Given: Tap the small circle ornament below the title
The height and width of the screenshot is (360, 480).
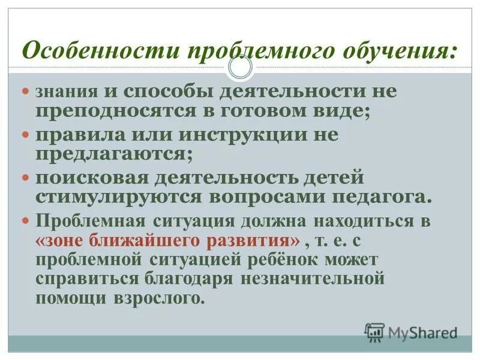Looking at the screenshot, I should point(241,68).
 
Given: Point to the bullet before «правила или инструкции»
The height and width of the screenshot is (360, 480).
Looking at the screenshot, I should point(25,135).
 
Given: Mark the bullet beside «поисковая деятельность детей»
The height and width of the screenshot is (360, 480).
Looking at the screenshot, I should point(25,178).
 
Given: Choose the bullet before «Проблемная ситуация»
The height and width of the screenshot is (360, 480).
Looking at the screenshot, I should point(25,220).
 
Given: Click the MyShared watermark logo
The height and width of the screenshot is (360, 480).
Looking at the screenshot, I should point(412,332).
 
